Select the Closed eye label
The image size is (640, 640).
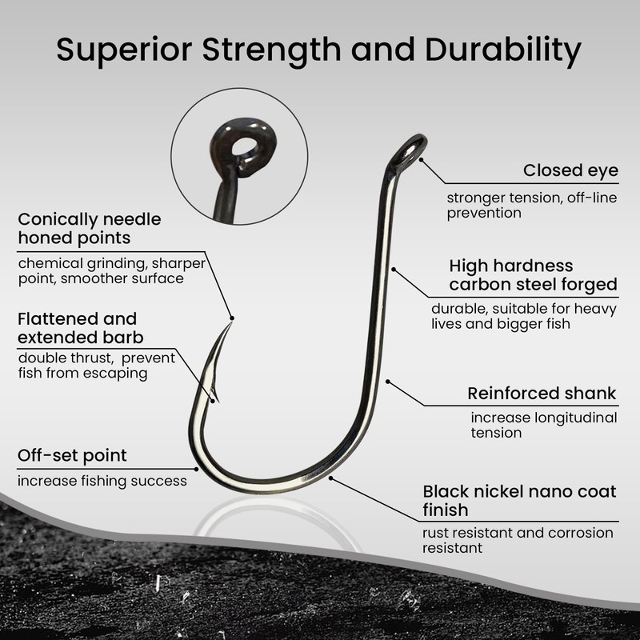(570, 170)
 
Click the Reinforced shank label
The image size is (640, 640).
(542, 393)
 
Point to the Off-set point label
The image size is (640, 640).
(72, 456)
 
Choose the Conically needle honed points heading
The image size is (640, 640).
(89, 228)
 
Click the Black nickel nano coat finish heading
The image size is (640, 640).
(519, 500)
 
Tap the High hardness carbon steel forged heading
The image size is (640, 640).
(533, 274)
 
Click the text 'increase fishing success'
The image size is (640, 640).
(102, 481)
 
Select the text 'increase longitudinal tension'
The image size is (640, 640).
(543, 425)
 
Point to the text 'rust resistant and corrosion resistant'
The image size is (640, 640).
(518, 540)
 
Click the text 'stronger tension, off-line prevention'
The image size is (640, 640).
(531, 205)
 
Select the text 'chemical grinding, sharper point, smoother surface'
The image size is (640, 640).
(112, 270)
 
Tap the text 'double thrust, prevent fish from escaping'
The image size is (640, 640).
(96, 366)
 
